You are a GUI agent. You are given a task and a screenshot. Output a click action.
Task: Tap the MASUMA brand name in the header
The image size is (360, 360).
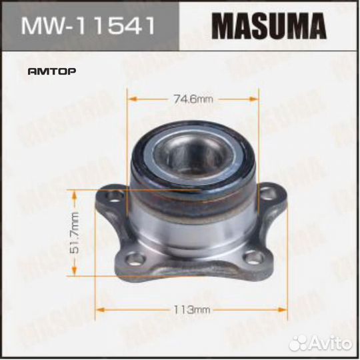coord(269,27)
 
